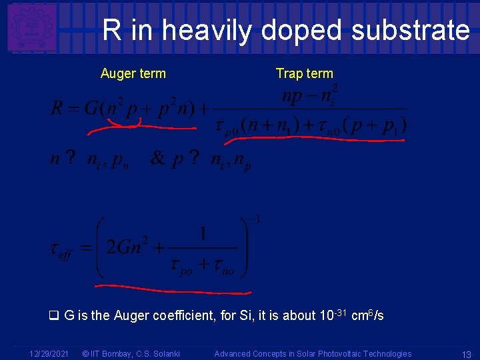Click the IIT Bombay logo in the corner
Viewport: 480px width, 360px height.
[31, 27]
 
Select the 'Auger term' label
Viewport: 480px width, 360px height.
[133, 73]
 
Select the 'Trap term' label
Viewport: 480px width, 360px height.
[304, 73]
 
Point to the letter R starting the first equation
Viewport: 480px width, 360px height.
[57, 108]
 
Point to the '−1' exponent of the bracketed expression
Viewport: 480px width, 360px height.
[254, 219]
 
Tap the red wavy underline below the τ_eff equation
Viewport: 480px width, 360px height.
[173, 290]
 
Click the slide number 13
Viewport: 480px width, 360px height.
[467, 354]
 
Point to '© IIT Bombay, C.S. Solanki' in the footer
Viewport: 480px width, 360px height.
[130, 354]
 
